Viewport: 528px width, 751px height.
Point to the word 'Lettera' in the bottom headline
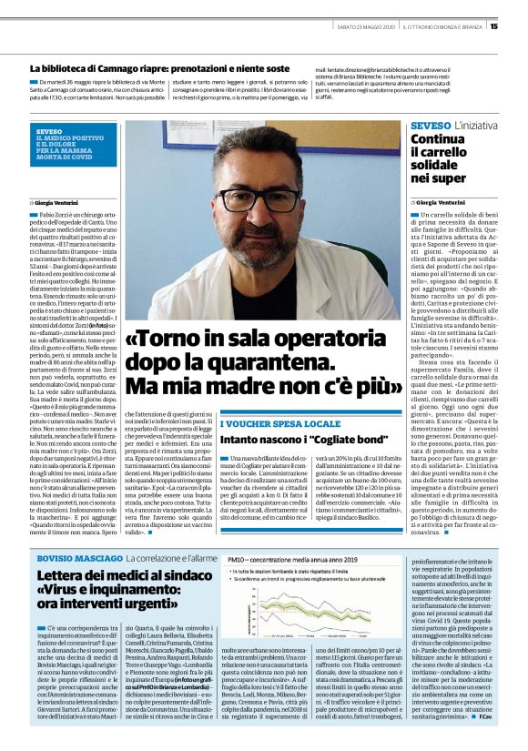coord(65,550)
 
